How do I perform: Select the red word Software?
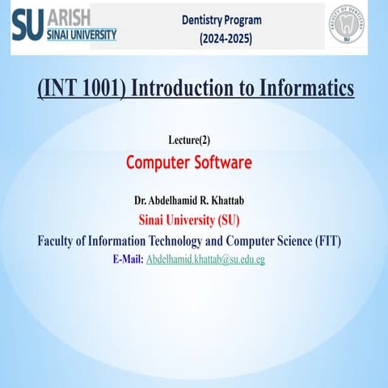point(222,162)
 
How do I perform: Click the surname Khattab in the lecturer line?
point(234,200)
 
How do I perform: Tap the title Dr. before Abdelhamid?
point(141,200)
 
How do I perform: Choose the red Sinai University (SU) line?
point(194,220)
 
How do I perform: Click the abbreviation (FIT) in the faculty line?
point(324,241)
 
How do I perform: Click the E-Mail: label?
point(128,259)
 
